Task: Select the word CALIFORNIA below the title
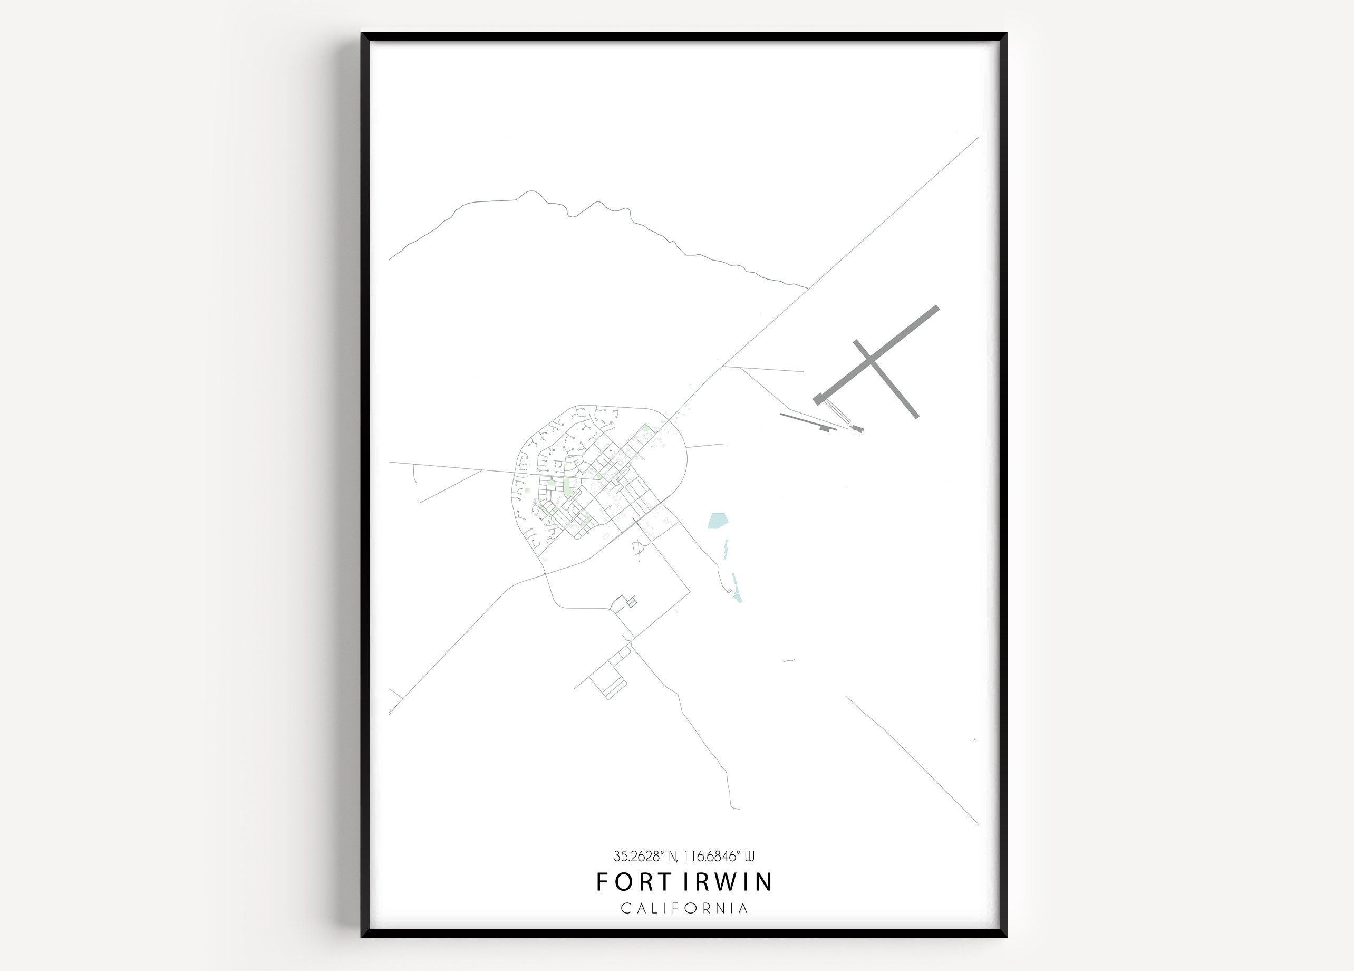click(684, 908)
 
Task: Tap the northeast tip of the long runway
click(935, 309)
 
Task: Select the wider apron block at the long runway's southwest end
click(818, 399)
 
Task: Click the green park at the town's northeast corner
click(645, 428)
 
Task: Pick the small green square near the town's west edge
click(527, 489)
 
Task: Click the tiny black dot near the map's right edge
click(974, 739)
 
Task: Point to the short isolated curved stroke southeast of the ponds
click(788, 661)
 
